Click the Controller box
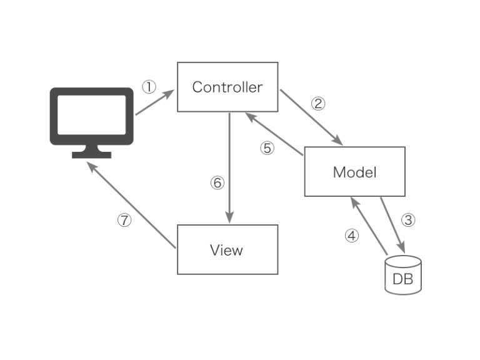[227, 87]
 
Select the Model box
[354, 171]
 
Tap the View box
[227, 250]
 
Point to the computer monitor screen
[92, 116]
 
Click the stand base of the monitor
[92, 154]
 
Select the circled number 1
[148, 87]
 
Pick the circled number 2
[318, 104]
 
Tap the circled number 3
[407, 220]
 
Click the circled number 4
[352, 236]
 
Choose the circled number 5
[267, 149]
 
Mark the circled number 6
[217, 182]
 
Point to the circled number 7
[125, 221]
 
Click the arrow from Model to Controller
[274, 133]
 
